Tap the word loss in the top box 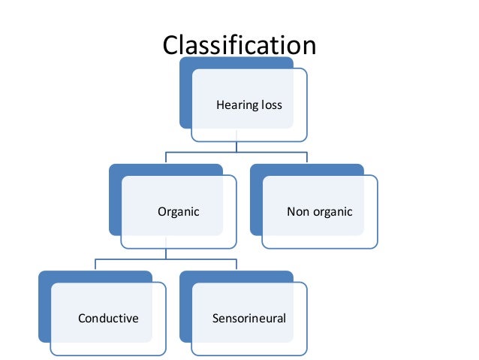[x=272, y=105]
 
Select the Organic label [x=178, y=212]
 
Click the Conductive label [x=108, y=319]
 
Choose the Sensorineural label [x=249, y=319]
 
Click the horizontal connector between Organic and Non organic [x=236, y=153]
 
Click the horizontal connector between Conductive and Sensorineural [x=165, y=259]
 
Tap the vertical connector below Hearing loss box [x=236, y=147]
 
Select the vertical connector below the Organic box [x=165, y=254]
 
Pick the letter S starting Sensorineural [x=216, y=319]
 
